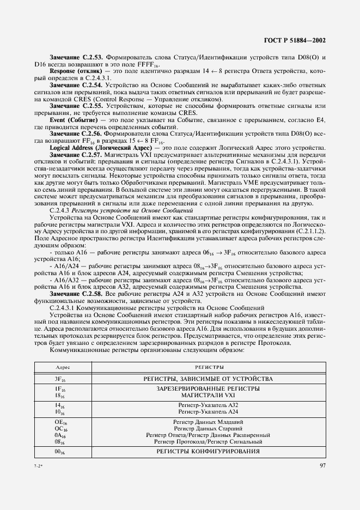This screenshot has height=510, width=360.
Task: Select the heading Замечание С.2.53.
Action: click(76, 57)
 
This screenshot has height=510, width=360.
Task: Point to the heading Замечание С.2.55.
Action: click(76, 105)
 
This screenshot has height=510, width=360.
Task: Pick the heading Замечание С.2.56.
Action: click(76, 133)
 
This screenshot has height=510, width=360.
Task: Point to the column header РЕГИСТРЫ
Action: click(206, 368)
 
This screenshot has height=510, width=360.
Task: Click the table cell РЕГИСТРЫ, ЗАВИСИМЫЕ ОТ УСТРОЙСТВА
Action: click(206, 379)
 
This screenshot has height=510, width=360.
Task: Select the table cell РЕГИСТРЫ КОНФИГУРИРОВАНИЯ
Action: click(206, 452)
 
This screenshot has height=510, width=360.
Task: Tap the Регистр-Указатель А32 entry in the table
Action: click(206, 405)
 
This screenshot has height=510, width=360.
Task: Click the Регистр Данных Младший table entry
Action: click(206, 422)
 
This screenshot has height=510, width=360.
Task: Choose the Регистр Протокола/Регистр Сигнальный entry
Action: click(206, 442)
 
